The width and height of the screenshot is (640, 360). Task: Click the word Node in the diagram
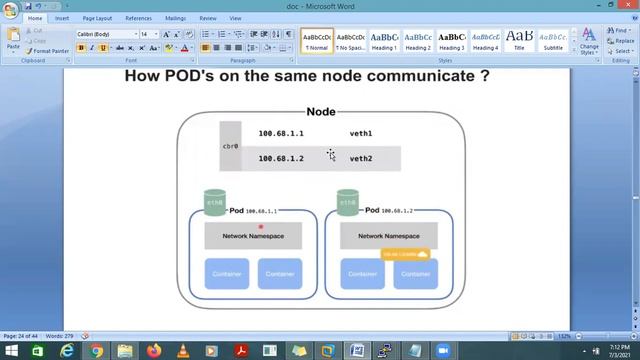(x=320, y=113)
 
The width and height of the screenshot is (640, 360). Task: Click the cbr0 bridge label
(x=230, y=146)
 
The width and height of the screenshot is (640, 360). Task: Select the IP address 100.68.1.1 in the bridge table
(x=281, y=133)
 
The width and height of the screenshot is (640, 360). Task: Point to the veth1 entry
(x=361, y=133)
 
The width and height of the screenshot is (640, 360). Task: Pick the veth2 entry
(x=361, y=158)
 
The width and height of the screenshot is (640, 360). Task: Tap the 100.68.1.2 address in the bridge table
(x=281, y=158)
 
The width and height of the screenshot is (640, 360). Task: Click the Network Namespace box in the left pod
(x=253, y=236)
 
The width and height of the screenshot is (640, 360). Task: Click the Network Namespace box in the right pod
(x=389, y=236)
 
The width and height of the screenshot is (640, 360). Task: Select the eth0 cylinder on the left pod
(x=213, y=203)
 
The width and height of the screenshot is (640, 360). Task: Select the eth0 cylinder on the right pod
(x=347, y=203)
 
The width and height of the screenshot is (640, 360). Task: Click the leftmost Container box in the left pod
(x=226, y=274)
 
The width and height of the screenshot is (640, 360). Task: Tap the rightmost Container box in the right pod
(x=416, y=274)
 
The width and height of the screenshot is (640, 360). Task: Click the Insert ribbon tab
(x=62, y=18)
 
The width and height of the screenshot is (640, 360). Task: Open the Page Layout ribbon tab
(x=97, y=18)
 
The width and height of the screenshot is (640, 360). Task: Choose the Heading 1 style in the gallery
(x=384, y=40)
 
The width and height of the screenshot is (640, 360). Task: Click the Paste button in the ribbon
(x=13, y=40)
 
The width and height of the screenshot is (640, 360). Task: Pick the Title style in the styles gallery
(x=519, y=40)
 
